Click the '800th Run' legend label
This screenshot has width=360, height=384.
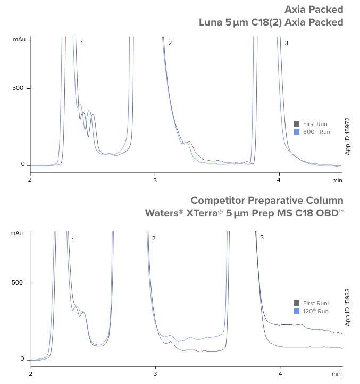316,131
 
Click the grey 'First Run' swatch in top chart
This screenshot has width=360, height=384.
297,123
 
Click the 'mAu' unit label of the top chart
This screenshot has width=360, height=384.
19,39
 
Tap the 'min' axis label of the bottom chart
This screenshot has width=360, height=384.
337,375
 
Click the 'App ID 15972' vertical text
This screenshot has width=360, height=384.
348,136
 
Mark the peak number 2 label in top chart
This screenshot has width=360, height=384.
170,43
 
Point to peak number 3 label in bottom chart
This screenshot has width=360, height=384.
262,237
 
